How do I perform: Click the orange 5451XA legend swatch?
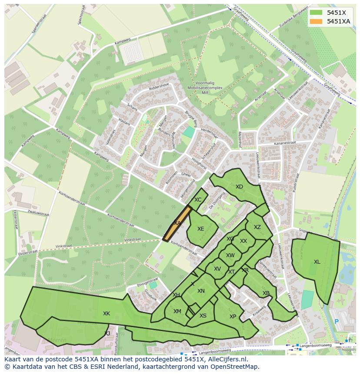(x=316, y=21)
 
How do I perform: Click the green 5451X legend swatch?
(x=316, y=13)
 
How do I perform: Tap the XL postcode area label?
(x=317, y=262)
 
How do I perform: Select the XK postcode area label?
(x=107, y=314)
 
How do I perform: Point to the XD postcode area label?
(x=239, y=187)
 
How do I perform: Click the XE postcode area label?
(x=200, y=229)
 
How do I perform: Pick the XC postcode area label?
(x=198, y=200)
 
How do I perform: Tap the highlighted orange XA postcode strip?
(x=177, y=223)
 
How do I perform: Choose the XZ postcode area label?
(x=257, y=227)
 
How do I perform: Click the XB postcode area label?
(x=266, y=293)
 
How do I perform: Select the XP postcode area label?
(x=233, y=317)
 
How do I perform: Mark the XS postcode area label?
(x=203, y=316)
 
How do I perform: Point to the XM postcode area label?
(x=177, y=311)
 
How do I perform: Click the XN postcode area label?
(x=201, y=291)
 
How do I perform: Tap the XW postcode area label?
(x=230, y=255)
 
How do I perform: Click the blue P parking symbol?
(x=336, y=321)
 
